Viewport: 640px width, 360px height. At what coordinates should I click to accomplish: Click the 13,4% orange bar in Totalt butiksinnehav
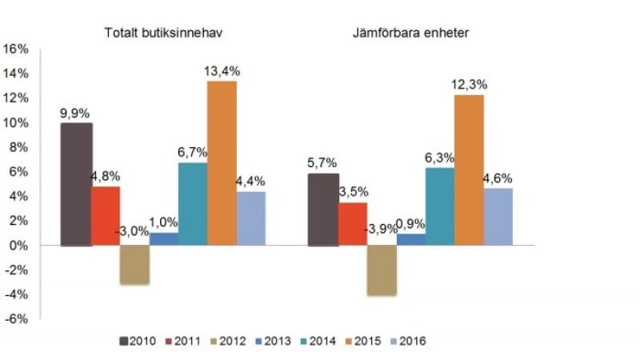(x=222, y=163)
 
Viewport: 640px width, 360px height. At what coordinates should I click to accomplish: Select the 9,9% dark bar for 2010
(x=76, y=184)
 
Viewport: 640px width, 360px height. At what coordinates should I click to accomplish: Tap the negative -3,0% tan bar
(x=134, y=265)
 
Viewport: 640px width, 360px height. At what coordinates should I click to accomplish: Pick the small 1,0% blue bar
(x=164, y=238)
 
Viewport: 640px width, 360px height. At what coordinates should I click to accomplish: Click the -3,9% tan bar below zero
(x=382, y=270)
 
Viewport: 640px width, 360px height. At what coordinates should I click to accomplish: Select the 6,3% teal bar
(x=439, y=206)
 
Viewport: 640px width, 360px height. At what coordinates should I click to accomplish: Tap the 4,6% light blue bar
(x=498, y=217)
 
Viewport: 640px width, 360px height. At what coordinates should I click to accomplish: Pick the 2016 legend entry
(x=407, y=342)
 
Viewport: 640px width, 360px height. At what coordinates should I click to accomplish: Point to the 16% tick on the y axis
(x=17, y=49)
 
